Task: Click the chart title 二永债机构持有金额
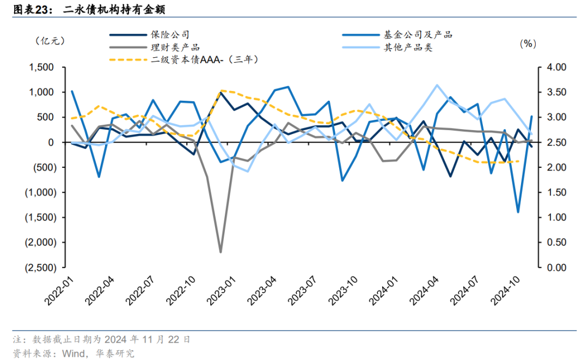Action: click(114, 9)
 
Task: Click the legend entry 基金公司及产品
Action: click(418, 35)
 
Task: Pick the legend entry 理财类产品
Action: click(175, 47)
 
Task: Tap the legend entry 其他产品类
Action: click(408, 47)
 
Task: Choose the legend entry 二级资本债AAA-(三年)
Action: click(204, 59)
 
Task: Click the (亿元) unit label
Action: click(50, 41)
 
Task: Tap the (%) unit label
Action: click(528, 44)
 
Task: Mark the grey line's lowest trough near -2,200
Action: click(220, 252)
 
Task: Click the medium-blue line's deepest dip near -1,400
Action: click(518, 212)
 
